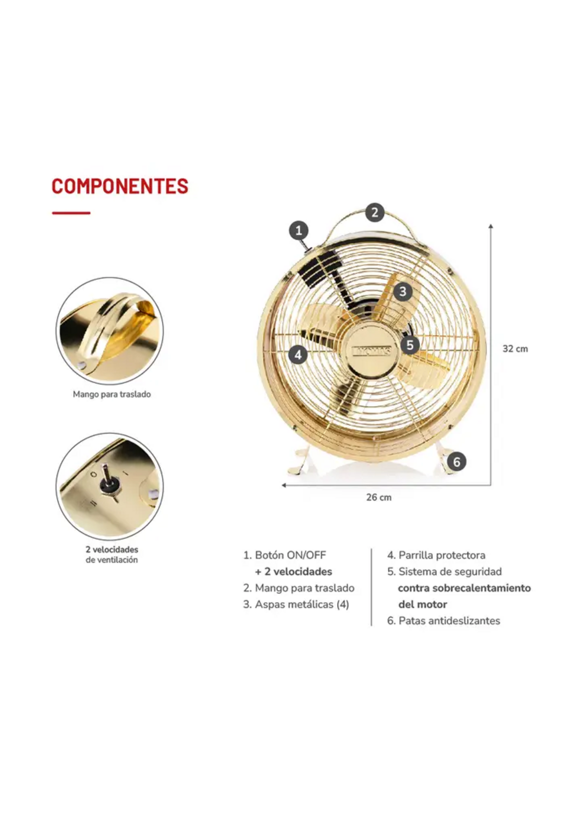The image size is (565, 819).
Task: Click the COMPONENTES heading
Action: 120,186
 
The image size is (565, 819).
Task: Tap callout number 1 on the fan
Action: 299,230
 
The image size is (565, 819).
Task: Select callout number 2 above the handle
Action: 375,212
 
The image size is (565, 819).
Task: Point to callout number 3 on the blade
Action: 403,291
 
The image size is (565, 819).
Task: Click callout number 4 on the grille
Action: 298,354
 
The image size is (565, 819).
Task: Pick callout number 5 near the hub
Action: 410,345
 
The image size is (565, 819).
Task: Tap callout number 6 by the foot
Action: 457,462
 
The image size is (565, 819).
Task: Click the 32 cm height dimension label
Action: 515,349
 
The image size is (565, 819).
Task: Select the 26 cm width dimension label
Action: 379,497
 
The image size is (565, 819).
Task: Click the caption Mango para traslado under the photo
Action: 112,394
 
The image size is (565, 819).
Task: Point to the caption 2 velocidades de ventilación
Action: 112,554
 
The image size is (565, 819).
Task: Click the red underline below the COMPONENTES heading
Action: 71,213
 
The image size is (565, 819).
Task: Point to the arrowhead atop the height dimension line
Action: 491,226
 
